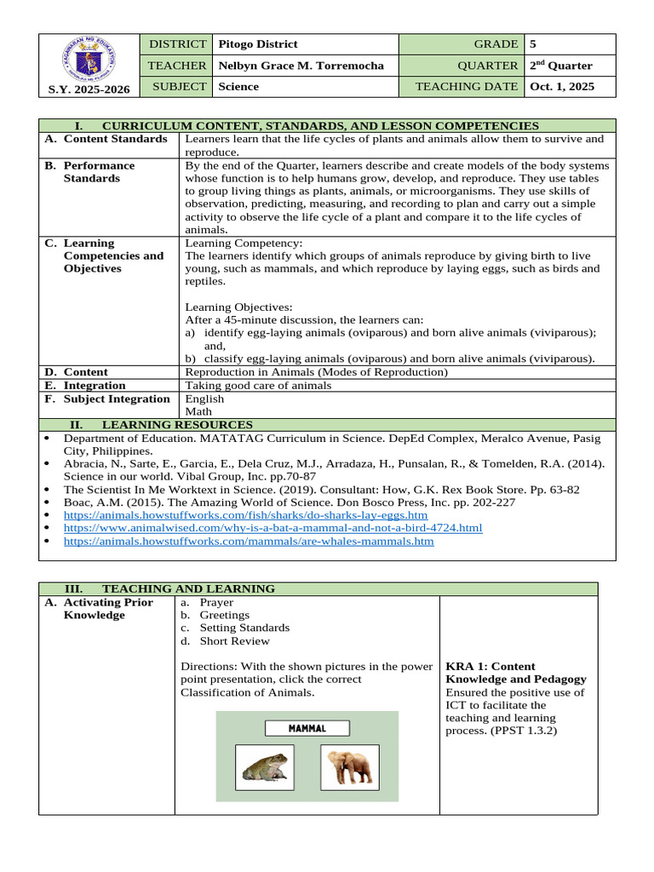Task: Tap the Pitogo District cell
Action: pos(258,44)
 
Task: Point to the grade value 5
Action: pos(533,44)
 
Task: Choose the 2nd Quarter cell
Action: pos(560,66)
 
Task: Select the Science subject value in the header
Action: pos(238,87)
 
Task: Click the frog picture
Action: pos(265,766)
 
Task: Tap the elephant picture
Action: pos(349,766)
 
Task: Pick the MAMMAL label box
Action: pos(307,728)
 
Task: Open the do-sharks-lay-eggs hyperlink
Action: pos(245,515)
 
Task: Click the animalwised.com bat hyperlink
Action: pos(272,528)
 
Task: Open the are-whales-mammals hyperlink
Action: pos(249,541)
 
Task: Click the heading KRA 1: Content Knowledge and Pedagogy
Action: pos(516,673)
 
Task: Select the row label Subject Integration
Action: pos(117,399)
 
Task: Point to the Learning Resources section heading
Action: pos(177,424)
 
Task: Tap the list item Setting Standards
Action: pos(244,628)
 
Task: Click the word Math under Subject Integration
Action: pos(198,411)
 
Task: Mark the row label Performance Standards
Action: pos(99,172)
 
